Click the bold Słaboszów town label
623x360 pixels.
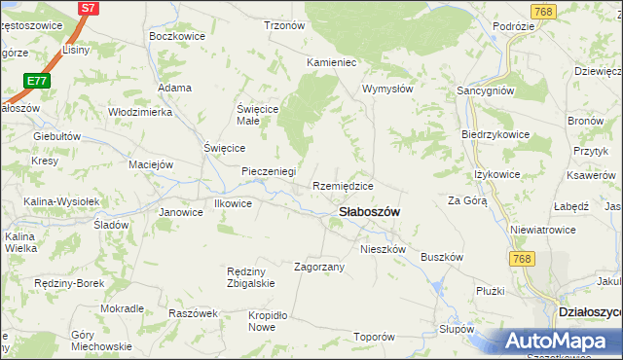[370, 212]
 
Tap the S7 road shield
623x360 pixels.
[88, 8]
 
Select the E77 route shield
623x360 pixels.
[37, 81]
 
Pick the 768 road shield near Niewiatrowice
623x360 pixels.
[522, 258]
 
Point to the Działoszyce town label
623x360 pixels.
[589, 312]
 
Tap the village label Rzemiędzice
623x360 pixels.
[343, 186]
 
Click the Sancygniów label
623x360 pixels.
[486, 90]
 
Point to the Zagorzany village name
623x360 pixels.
[319, 266]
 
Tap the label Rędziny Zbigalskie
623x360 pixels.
[250, 277]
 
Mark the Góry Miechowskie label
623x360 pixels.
[101, 341]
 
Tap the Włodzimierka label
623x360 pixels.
[139, 112]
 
